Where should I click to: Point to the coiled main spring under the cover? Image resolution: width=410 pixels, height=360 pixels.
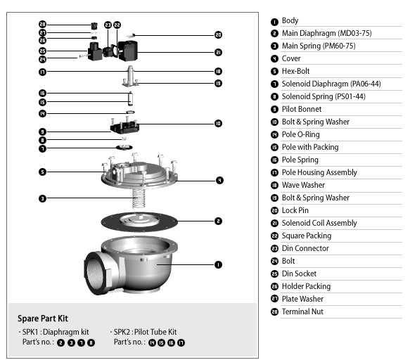[139, 199]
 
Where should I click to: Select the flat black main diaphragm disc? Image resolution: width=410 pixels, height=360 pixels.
[139, 221]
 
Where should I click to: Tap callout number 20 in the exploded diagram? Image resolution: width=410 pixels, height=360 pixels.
[218, 34]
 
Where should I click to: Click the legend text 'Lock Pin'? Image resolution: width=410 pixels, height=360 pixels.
[295, 210]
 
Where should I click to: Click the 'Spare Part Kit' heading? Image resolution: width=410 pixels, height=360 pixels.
[43, 319]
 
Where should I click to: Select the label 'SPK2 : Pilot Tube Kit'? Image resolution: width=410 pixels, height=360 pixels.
[145, 332]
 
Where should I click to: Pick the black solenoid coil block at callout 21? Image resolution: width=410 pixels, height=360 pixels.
[127, 51]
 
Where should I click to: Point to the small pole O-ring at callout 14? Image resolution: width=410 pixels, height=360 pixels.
[130, 112]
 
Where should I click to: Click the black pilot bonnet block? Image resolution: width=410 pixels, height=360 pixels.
[124, 127]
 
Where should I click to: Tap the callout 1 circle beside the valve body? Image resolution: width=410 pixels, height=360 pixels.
[218, 265]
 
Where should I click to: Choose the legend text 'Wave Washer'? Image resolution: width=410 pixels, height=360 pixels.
[303, 185]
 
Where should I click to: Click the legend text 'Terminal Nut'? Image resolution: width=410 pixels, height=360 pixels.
[302, 311]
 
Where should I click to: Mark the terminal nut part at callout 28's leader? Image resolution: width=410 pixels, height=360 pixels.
[94, 25]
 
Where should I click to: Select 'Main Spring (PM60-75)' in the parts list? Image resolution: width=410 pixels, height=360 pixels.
[319, 46]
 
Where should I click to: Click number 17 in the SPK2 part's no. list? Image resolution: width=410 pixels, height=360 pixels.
[181, 342]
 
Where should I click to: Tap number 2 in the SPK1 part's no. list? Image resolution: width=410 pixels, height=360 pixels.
[60, 342]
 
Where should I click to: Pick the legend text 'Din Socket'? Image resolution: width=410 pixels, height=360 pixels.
[299, 274]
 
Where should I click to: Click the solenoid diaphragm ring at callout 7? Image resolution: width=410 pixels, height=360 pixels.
[124, 148]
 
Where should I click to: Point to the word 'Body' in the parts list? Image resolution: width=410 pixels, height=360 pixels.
[290, 20]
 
